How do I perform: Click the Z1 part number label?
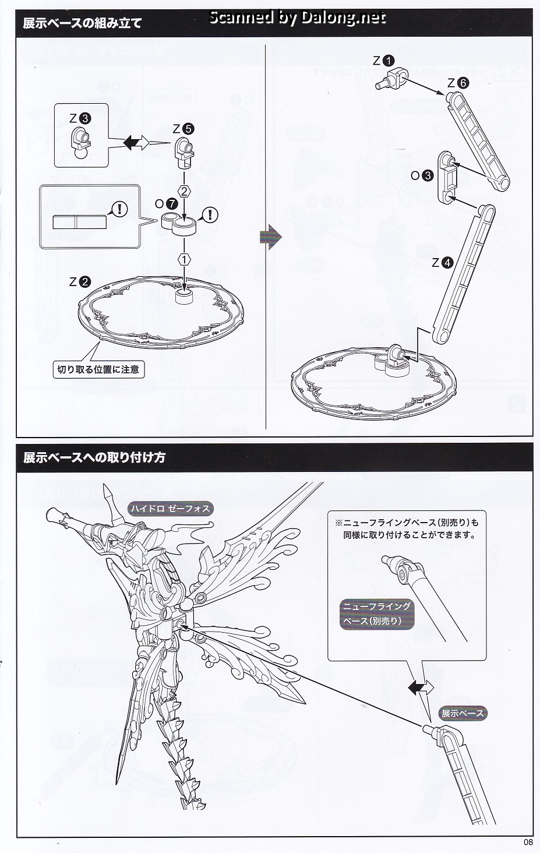coord(384,60)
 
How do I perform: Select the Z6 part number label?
coord(457,83)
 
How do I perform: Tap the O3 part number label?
coord(422,175)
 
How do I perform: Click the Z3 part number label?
coord(80,118)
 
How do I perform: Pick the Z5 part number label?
coord(183,129)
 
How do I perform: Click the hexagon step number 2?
coord(185,191)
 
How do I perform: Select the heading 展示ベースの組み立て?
coord(82,24)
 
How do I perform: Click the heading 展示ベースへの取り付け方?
coord(94,457)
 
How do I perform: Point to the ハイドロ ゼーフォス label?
coord(170,509)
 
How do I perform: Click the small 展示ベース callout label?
coord(462,713)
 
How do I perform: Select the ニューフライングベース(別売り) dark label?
coord(376,614)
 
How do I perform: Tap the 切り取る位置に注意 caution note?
coord(98,369)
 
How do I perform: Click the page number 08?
coord(528,841)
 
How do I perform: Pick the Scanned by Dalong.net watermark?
coord(297,18)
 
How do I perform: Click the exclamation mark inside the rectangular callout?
coord(119,209)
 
